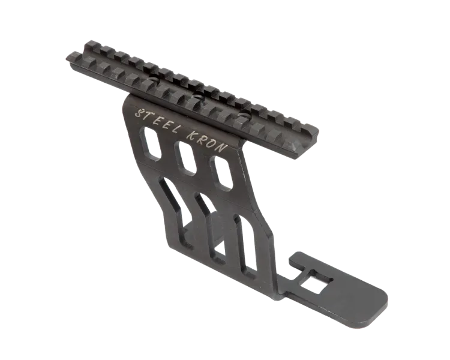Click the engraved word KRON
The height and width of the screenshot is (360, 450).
[206, 141]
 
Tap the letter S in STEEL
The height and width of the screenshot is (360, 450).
[139, 113]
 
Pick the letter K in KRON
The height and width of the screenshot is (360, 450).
[192, 135]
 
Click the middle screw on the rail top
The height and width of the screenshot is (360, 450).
[199, 97]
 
